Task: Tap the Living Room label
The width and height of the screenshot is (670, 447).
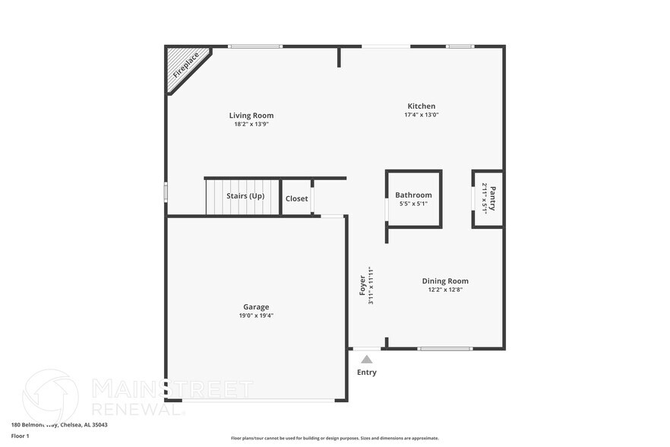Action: pos(251,116)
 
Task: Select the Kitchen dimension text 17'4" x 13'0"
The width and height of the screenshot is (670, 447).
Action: pos(421,115)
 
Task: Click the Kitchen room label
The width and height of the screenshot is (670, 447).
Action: pos(421,106)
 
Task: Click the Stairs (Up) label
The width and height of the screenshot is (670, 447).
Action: pos(245,196)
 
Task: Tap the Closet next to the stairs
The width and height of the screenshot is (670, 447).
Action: pos(296,199)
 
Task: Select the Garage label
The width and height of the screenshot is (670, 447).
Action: pos(256,307)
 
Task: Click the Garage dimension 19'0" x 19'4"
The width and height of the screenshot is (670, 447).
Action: pos(256,315)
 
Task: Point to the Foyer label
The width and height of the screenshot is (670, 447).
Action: pos(363,285)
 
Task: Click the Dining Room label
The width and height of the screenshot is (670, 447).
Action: pos(445,281)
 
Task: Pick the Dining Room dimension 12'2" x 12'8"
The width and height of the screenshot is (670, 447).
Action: pos(445,290)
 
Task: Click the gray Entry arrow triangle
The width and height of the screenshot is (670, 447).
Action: pos(367,359)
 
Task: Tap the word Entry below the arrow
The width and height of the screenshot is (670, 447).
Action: pos(367,372)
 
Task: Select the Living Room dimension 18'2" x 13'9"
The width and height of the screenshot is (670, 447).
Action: pos(251,124)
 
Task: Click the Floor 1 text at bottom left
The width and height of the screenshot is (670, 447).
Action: pos(21,436)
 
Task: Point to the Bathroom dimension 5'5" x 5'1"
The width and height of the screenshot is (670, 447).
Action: pos(413,204)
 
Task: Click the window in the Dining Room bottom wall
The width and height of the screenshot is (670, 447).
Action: pos(444,349)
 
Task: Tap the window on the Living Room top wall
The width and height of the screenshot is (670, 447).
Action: pos(251,46)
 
